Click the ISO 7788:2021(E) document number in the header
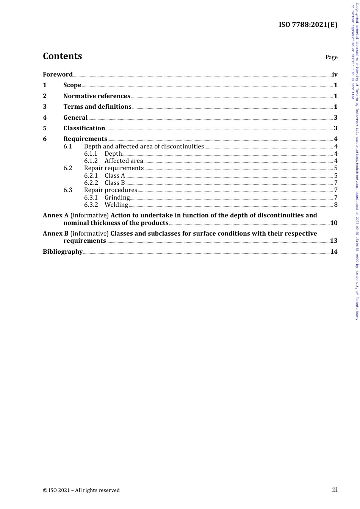click(x=308, y=25)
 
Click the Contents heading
click(x=62, y=56)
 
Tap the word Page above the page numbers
click(x=331, y=57)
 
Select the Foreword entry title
click(x=58, y=74)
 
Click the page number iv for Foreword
click(x=335, y=74)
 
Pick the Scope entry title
click(x=72, y=85)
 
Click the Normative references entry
click(x=97, y=96)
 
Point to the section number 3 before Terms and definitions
click(x=45, y=107)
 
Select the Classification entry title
click(x=84, y=128)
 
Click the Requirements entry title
click(x=85, y=139)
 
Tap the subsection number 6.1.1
click(x=91, y=154)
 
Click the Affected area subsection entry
click(x=124, y=161)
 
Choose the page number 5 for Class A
click(x=336, y=176)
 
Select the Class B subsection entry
click(x=114, y=183)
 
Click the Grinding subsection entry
click(x=117, y=197)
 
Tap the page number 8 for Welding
click(x=336, y=205)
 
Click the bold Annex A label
click(x=56, y=215)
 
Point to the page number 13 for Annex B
click(x=333, y=241)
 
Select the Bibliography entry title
click(x=63, y=252)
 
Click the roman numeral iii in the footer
click(x=335, y=490)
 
